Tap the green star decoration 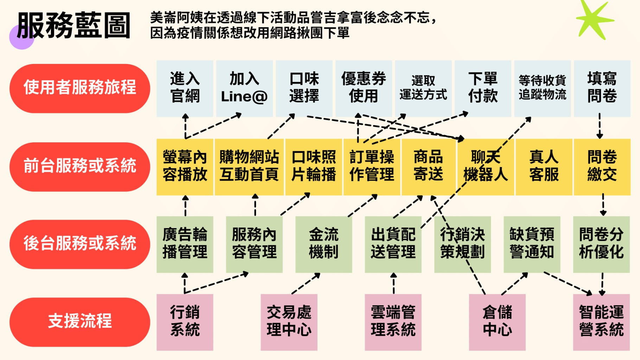click(594, 19)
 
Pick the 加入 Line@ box click(244, 88)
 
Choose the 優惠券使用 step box click(364, 88)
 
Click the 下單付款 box click(483, 88)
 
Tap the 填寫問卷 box click(602, 88)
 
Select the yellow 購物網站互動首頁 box click(249, 166)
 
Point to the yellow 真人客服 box click(544, 166)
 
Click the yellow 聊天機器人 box click(485, 166)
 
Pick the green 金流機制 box click(324, 244)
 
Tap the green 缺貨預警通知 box click(532, 244)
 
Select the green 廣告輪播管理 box click(185, 244)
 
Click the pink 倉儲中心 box click(497, 322)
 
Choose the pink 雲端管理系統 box click(393, 322)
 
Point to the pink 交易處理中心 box click(289, 322)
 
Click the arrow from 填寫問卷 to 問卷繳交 click(600, 126)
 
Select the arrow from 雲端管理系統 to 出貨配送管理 click(393, 283)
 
